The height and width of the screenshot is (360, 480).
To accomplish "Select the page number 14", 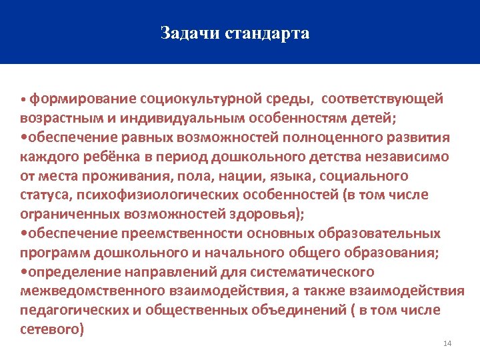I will click(447, 343).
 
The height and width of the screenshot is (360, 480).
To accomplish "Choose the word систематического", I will click(317, 273).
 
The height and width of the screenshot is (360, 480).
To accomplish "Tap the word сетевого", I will click(52, 330).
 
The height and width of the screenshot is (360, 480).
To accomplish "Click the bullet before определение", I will click(24, 273).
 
